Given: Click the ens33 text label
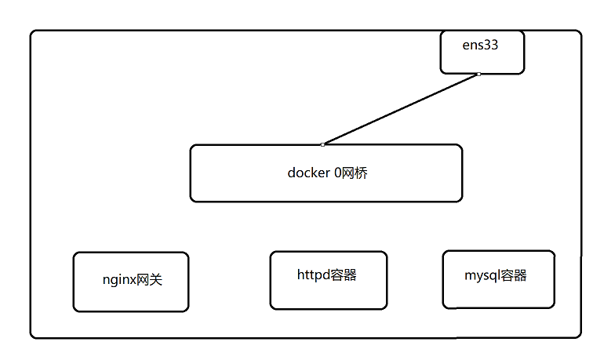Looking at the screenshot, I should (x=481, y=45).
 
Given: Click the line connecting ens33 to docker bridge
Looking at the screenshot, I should (x=400, y=109).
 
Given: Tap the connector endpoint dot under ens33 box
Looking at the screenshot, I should (x=478, y=75).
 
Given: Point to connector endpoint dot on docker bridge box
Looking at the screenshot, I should (x=322, y=144).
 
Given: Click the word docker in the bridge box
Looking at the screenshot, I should (x=307, y=173).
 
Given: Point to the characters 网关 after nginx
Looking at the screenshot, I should (x=149, y=279).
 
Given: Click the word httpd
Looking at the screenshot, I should (x=314, y=275).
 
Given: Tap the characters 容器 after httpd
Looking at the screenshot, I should (x=344, y=275).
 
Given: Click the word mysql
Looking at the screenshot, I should (x=482, y=275).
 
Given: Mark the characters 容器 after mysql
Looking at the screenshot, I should (x=513, y=275).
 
